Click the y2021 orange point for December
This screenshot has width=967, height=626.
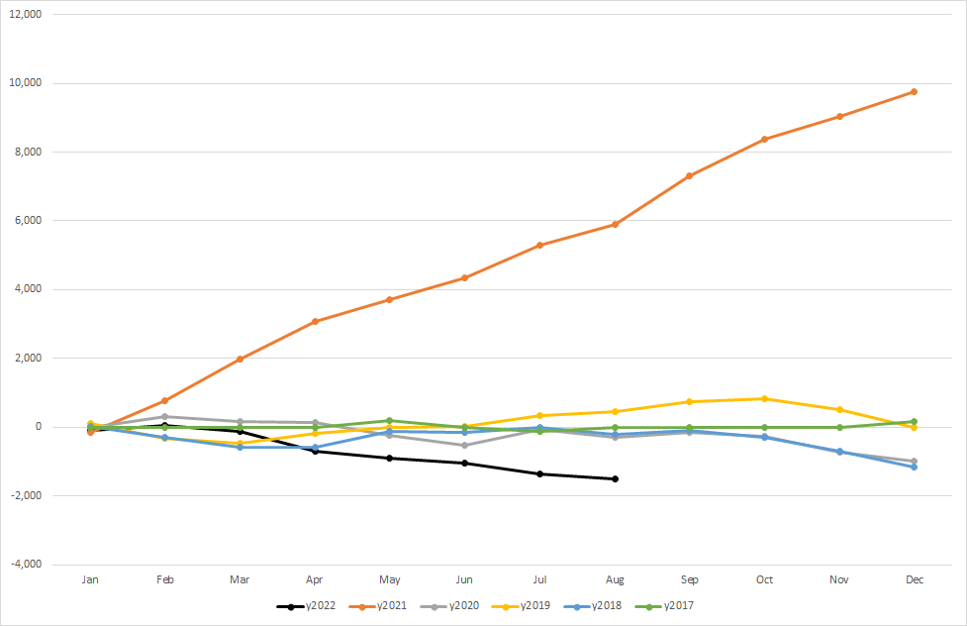[x=914, y=91]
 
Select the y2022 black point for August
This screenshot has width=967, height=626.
[x=615, y=478]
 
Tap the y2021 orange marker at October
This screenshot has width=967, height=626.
[x=764, y=139]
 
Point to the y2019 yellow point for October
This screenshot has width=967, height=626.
[x=764, y=398]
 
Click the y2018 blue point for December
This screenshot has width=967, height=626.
[x=914, y=467]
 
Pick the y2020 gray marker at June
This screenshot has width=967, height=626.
[x=465, y=445]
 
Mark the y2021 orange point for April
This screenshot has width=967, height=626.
[x=315, y=321]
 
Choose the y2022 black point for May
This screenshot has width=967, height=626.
[x=390, y=458]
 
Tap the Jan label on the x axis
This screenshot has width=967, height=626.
[x=91, y=580]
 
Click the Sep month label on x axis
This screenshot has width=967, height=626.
[x=689, y=580]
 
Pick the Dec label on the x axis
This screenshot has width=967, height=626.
[x=914, y=580]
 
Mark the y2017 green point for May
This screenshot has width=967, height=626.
[x=390, y=420]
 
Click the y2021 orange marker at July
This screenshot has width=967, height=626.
[x=539, y=245]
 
